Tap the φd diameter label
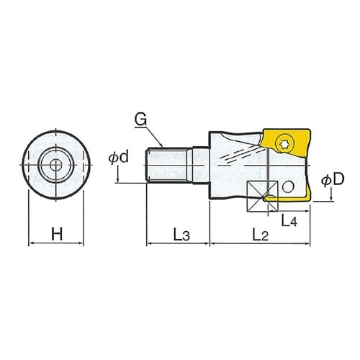pos(119,158)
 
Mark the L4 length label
pos(289,221)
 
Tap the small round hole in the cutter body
pos(289,188)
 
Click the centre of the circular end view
pos(56,164)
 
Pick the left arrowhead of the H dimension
pos(30,244)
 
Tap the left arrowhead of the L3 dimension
pos(148,244)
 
